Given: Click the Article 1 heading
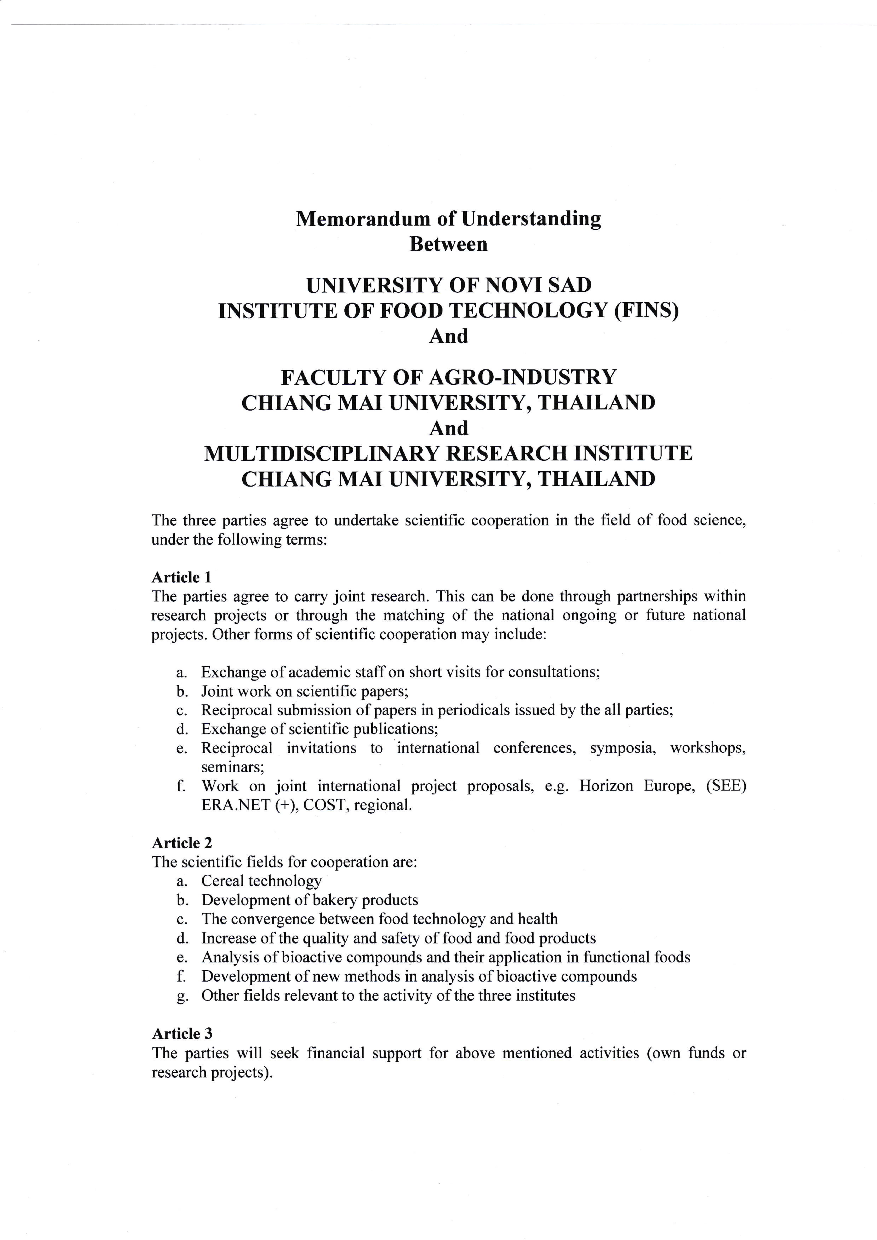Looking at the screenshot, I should pyautogui.click(x=181, y=577).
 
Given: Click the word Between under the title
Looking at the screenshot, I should pyautogui.click(x=448, y=244).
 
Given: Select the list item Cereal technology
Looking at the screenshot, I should pyautogui.click(x=261, y=881).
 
